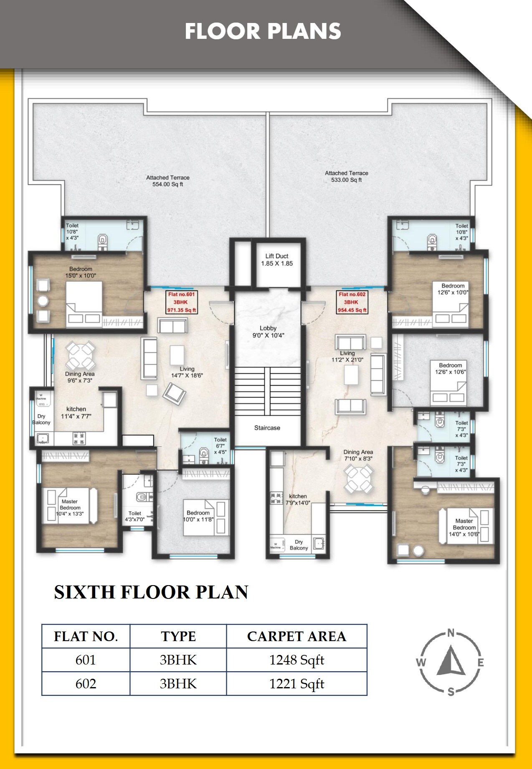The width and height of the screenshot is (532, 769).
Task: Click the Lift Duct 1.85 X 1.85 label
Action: click(277, 260)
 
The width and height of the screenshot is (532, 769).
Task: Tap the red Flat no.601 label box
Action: click(182, 302)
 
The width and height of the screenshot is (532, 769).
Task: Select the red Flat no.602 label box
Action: click(352, 302)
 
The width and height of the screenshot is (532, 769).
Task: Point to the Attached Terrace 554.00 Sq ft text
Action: click(167, 181)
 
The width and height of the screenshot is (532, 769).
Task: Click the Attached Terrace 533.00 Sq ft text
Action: click(346, 176)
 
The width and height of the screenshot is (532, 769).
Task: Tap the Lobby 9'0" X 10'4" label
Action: click(268, 332)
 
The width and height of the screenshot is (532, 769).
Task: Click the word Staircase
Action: click(267, 428)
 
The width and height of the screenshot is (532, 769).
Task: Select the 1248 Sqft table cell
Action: click(296, 660)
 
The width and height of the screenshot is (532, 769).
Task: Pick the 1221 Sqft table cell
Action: click(296, 684)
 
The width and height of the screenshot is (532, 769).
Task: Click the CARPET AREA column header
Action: click(296, 637)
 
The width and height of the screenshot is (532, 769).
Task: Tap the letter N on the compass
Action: click(451, 633)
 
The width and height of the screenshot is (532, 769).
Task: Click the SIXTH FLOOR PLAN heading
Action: click(151, 592)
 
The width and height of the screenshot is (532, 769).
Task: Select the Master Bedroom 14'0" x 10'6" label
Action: click(464, 527)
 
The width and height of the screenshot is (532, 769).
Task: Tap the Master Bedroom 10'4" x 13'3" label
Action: click(70, 508)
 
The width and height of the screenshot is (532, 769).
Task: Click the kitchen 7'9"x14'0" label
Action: click(298, 499)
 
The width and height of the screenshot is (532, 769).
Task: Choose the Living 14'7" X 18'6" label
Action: click(187, 372)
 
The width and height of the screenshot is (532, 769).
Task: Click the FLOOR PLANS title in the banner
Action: click(263, 31)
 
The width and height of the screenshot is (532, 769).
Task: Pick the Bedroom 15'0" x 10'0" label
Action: click(81, 272)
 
